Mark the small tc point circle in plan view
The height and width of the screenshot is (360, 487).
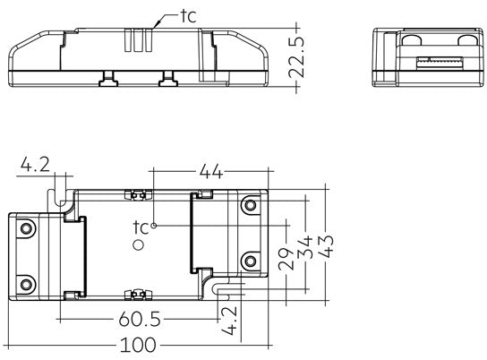154,226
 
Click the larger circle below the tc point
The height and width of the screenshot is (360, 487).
139,244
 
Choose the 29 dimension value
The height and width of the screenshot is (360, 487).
283,261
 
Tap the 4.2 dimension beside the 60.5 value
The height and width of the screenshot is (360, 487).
230,319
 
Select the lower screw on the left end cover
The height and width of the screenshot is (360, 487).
27,285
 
